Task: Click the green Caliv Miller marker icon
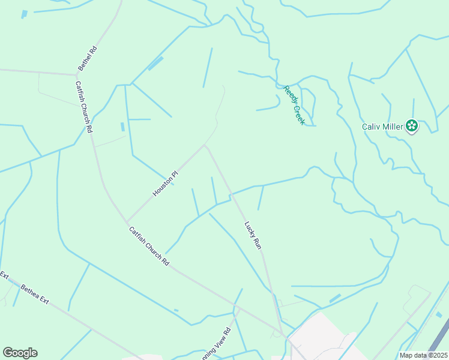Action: tap(412, 126)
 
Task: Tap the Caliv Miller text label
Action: tap(383, 127)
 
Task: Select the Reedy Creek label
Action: tap(294, 104)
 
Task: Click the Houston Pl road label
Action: tap(166, 183)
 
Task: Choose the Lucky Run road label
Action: tap(253, 235)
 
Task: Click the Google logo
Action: tap(20, 353)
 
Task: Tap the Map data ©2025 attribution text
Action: tap(424, 355)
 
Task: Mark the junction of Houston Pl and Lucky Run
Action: tap(205, 145)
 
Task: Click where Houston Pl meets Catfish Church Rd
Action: tap(125, 221)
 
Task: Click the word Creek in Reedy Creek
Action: tap(298, 113)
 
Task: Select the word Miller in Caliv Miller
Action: tap(393, 127)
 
